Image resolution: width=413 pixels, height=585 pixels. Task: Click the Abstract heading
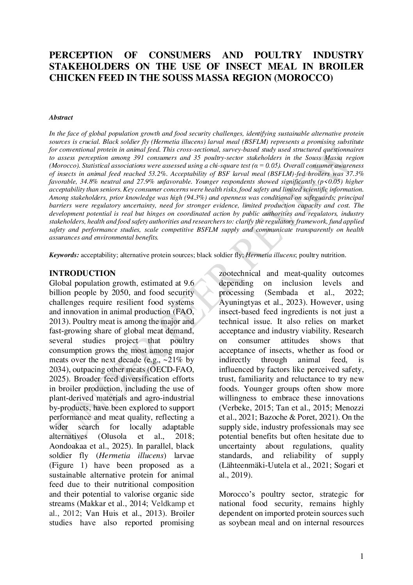click(61, 117)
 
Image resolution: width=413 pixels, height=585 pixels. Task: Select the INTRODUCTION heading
click(82, 273)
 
